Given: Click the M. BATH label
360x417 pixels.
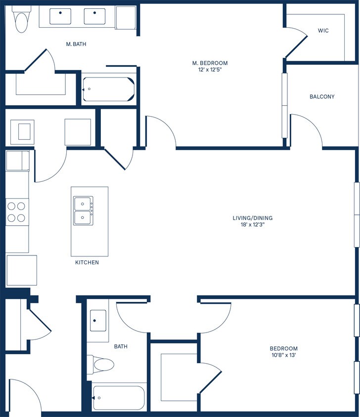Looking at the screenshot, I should (x=77, y=44).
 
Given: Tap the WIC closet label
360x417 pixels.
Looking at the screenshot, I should (x=323, y=31).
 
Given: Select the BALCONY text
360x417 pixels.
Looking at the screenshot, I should (x=322, y=96).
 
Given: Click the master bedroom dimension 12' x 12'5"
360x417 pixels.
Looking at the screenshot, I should (x=210, y=70).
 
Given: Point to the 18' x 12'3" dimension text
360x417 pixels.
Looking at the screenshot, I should (x=253, y=225).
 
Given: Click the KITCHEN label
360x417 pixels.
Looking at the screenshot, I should (x=87, y=262).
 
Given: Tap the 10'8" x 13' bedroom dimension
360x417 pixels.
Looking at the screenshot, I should (x=283, y=355).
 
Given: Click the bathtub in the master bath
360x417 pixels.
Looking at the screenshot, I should (x=108, y=89).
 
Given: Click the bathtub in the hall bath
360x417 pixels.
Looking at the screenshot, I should (x=118, y=397).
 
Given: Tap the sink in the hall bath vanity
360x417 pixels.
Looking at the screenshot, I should (x=98, y=321).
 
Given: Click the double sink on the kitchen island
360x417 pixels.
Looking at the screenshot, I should (x=83, y=210).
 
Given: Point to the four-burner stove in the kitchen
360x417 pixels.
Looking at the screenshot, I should (x=17, y=212).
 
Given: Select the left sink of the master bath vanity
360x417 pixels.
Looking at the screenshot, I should (x=61, y=16).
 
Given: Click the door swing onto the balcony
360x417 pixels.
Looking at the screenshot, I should (x=307, y=130).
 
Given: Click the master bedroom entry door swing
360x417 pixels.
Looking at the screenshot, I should (x=161, y=131).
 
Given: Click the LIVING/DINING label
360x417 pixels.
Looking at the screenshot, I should (x=253, y=218).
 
